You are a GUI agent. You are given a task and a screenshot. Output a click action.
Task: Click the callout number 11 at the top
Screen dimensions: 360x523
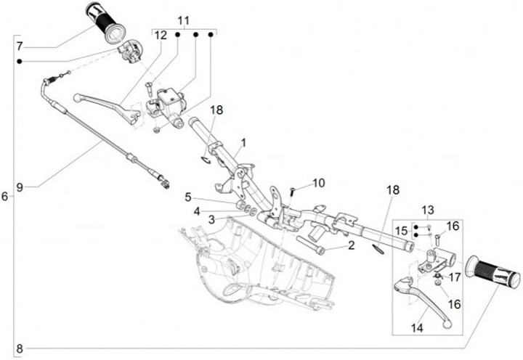tap(183, 20)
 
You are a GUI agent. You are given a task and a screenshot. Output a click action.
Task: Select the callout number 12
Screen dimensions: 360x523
tap(161, 34)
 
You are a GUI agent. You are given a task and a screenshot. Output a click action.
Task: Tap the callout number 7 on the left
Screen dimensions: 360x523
tap(20, 46)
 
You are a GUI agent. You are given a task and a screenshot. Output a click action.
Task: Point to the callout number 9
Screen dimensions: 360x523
tap(20, 187)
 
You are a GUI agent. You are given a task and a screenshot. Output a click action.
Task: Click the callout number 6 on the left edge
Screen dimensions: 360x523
tap(5, 197)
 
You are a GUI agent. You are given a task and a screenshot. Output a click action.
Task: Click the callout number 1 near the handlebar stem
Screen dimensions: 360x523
tap(244, 142)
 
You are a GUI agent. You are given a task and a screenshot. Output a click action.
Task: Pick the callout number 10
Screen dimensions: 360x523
tap(320, 182)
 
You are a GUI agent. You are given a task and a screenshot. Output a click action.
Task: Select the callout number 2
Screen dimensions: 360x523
tap(351, 246)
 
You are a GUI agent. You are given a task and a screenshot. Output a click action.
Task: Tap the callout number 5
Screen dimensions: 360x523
tap(187, 197)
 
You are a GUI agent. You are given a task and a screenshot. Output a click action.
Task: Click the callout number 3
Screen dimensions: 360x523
tap(211, 218)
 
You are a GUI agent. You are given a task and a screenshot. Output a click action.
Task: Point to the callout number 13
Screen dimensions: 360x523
tap(428, 210)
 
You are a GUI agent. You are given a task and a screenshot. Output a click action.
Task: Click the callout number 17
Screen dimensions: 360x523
tap(455, 277)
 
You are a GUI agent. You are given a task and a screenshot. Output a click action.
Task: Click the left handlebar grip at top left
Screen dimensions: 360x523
tap(106, 21)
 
